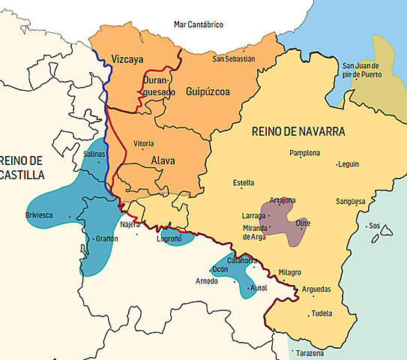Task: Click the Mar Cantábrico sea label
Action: tap(199, 24)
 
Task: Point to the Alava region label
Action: tap(163, 159)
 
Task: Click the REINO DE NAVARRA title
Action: tap(298, 131)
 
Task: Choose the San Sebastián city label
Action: tap(234, 58)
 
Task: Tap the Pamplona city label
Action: tap(304, 153)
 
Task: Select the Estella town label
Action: tap(244, 182)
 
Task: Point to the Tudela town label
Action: tap(322, 313)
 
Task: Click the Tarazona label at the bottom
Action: tap(310, 353)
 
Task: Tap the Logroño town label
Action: tap(169, 239)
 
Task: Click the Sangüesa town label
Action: tap(351, 201)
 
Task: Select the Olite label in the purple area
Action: tap(303, 223)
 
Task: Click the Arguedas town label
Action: tap(316, 289)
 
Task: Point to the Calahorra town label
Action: tap(242, 260)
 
